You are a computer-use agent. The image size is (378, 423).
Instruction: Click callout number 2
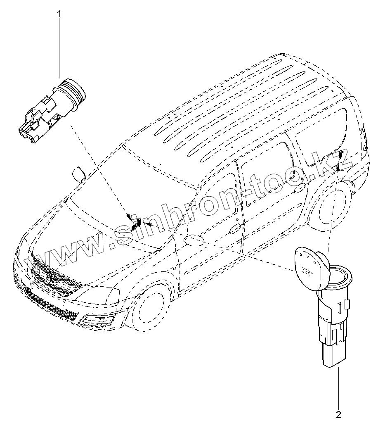pos(338,413)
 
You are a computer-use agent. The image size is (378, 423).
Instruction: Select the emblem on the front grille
pos(51,276)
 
